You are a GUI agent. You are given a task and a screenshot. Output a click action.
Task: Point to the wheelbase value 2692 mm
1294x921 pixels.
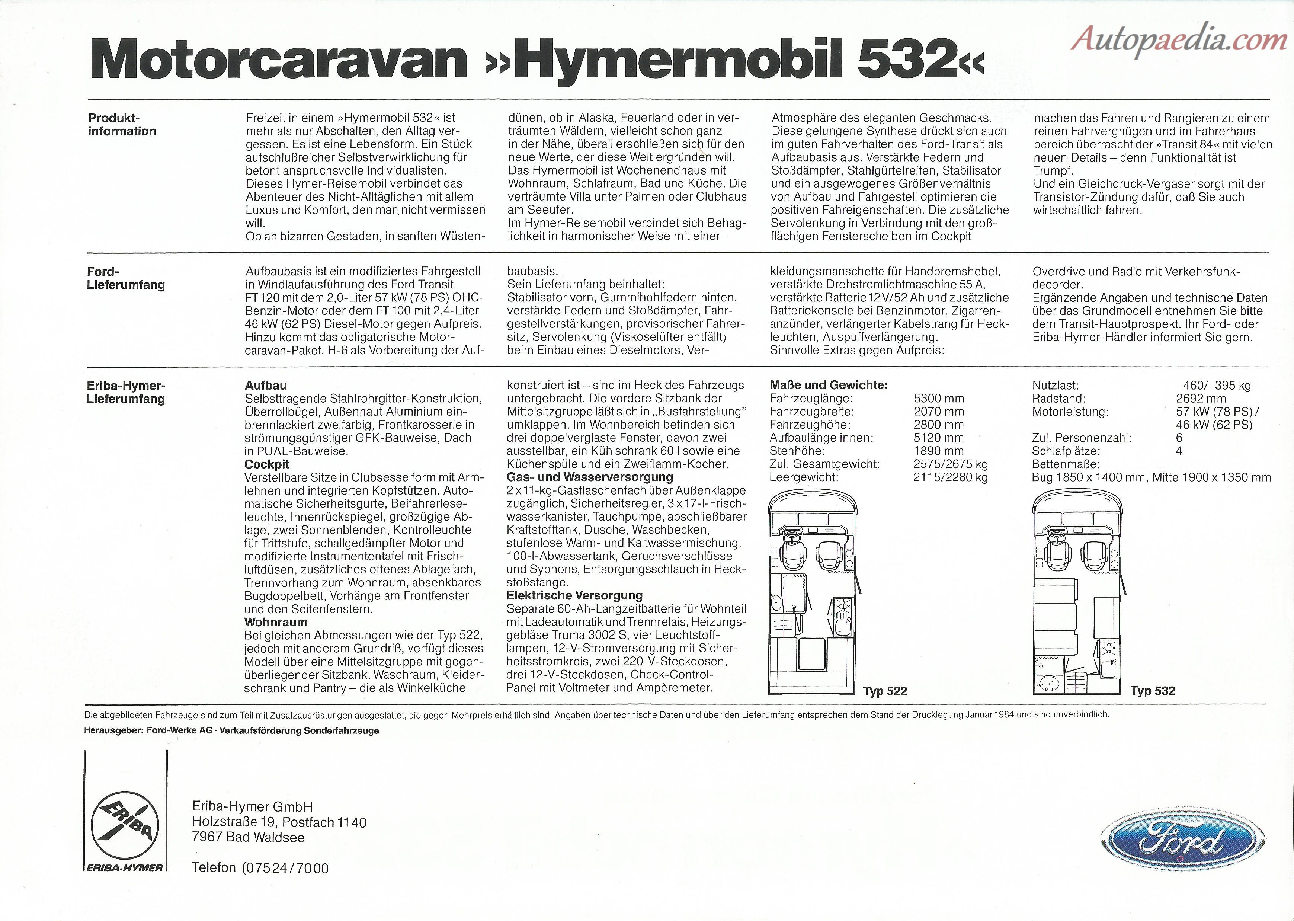point(1201,399)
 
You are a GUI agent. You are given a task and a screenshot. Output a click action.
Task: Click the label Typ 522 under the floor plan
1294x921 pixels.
point(885,691)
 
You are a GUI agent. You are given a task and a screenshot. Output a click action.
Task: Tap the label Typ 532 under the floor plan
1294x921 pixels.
point(1152,691)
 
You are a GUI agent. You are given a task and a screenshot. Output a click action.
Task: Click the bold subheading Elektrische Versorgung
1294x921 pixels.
point(574,595)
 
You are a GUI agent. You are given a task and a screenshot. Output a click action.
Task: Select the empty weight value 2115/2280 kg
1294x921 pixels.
point(950,477)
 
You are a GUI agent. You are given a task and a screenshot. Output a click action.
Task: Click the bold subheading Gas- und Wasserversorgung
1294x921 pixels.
point(590,477)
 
